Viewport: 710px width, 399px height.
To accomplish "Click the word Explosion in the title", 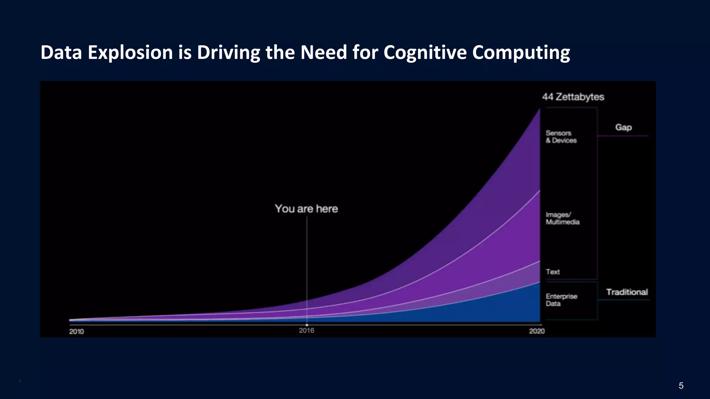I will (x=130, y=53).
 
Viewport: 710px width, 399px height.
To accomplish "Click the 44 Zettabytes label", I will (x=573, y=97).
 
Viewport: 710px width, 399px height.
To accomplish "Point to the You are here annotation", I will (x=306, y=209).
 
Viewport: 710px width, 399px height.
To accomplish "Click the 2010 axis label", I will (x=76, y=331).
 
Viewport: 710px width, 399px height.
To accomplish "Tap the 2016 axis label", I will (x=306, y=331).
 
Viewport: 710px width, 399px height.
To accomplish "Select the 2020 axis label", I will (x=537, y=331).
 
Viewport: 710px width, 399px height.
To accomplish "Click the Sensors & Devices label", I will (x=561, y=137).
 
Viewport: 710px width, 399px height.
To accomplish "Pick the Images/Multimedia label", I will (x=562, y=219).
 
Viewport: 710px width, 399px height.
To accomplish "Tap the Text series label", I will (x=553, y=272).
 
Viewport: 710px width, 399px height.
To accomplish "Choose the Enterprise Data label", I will (x=561, y=300).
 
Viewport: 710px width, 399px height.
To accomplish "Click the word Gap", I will (x=623, y=127).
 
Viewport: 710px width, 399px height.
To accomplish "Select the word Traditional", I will (x=627, y=292).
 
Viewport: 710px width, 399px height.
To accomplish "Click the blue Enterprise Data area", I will (x=503, y=308).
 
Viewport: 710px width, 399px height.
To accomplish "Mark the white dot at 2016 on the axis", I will (x=307, y=325).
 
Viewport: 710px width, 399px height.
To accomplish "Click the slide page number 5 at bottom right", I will (x=681, y=385).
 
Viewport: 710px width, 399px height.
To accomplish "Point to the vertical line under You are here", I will (x=307, y=263).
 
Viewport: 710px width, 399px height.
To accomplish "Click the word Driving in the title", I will (x=228, y=53).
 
